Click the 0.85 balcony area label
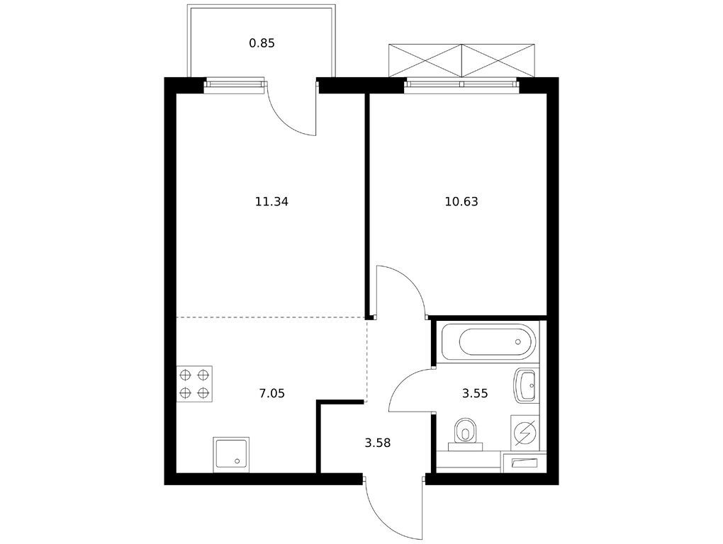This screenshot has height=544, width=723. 262,43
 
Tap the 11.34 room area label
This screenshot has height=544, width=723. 271,201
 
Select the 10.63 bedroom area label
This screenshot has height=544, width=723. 461,201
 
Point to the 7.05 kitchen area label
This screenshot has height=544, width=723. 272,393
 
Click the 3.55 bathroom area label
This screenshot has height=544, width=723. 475,393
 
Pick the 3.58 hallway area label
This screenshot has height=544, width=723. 378,443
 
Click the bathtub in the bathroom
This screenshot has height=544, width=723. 488,341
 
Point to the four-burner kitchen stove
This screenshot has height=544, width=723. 194,384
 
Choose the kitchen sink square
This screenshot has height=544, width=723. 231,455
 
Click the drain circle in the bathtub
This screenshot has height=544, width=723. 518,342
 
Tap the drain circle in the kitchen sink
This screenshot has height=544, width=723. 237,460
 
